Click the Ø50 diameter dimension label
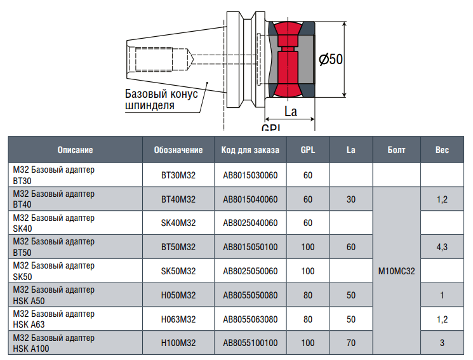[331, 59]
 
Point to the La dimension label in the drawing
[291, 112]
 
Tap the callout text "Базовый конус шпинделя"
[161, 99]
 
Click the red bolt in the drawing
[288, 59]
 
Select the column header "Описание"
[75, 150]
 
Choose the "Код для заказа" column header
[250, 150]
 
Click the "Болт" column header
[396, 150]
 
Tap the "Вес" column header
[442, 150]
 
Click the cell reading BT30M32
[178, 175]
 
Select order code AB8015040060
[250, 199]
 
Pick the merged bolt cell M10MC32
[396, 271]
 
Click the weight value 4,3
[442, 247]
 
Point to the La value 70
[351, 343]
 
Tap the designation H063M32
[178, 319]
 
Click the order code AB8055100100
[250, 343]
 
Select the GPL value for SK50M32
[308, 271]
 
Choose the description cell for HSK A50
[54, 295]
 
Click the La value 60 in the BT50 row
[351, 247]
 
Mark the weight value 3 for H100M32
[442, 343]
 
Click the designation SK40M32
[178, 223]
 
